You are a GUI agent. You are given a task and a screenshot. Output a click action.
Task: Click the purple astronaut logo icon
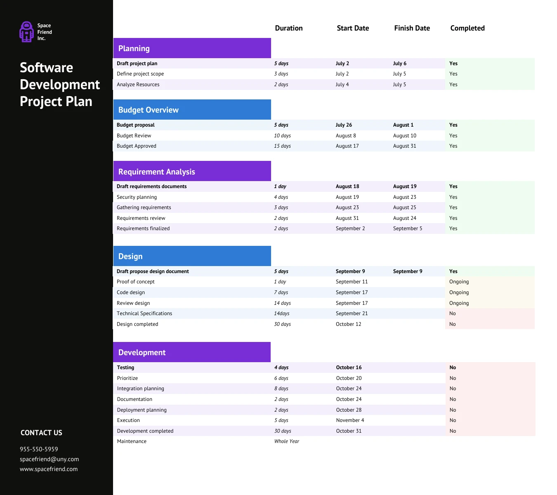click(27, 32)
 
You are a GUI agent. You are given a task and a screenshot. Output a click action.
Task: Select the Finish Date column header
click(412, 28)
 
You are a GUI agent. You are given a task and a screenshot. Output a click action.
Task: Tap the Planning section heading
click(134, 48)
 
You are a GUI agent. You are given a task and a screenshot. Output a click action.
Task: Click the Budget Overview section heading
click(149, 110)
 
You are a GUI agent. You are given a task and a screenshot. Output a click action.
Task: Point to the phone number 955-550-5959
click(39, 449)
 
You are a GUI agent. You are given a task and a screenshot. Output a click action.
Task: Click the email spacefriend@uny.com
click(49, 459)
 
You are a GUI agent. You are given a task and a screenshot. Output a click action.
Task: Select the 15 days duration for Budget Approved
click(282, 146)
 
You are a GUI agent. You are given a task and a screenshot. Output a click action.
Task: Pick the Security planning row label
click(137, 197)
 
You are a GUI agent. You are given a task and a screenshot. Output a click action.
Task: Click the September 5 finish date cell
click(408, 229)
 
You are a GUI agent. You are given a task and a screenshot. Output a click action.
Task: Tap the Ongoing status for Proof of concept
click(459, 282)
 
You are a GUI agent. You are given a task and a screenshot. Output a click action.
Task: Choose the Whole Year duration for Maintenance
click(287, 441)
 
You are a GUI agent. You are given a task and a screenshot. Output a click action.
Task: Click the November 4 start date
click(350, 420)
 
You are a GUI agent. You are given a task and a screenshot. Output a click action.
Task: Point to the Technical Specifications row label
click(144, 313)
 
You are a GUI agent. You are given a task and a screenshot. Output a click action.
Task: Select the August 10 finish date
click(405, 136)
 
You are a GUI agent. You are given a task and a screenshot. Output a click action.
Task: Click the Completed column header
click(467, 28)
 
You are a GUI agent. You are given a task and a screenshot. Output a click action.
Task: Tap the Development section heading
click(142, 352)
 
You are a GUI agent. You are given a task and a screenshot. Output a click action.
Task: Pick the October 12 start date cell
click(348, 324)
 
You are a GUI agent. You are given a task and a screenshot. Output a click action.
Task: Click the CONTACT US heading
click(41, 433)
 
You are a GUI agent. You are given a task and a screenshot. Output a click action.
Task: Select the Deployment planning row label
click(142, 410)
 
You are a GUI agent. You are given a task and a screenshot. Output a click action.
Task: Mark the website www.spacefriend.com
click(49, 469)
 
